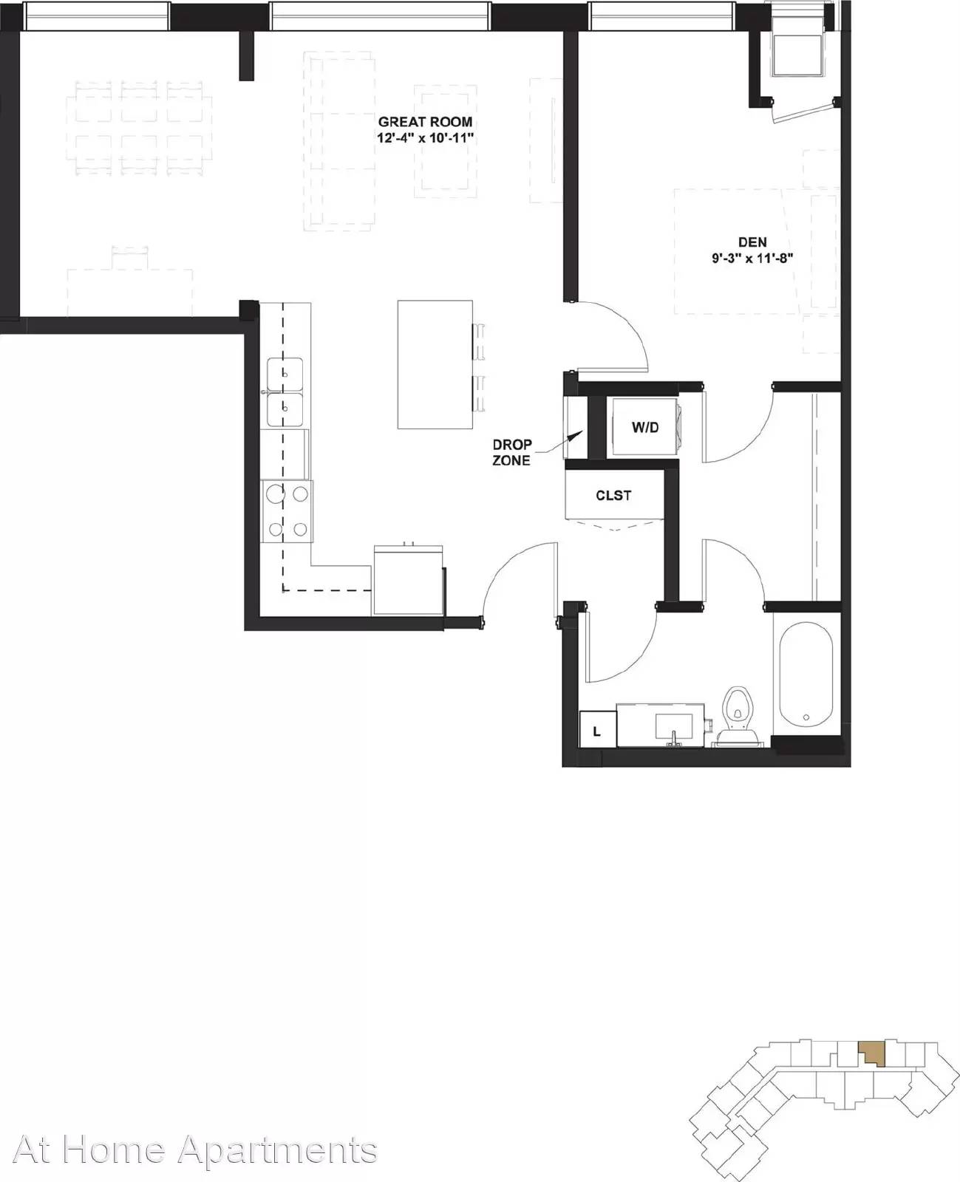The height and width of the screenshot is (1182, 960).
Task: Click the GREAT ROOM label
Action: pyautogui.click(x=425, y=122)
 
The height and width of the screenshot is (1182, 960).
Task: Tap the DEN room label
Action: pyautogui.click(x=752, y=242)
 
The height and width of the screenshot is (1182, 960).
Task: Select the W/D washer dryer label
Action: pyautogui.click(x=645, y=427)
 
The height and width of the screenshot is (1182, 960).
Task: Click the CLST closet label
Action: pyautogui.click(x=613, y=495)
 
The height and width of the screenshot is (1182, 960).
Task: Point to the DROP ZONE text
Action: pyautogui.click(x=511, y=452)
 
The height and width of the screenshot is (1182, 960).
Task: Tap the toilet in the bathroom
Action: pyautogui.click(x=738, y=717)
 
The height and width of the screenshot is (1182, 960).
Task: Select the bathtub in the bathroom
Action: pyautogui.click(x=806, y=678)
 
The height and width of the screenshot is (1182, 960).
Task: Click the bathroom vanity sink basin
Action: pyautogui.click(x=674, y=727)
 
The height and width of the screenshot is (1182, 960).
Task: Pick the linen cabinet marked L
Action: pyautogui.click(x=597, y=729)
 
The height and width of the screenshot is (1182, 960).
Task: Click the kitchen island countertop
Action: pyautogui.click(x=435, y=365)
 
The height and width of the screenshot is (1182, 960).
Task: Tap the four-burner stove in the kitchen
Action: pyautogui.click(x=287, y=511)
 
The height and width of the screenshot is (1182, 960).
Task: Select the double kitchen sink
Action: pyautogui.click(x=285, y=392)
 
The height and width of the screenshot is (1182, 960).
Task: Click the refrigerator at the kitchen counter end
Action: pyautogui.click(x=409, y=580)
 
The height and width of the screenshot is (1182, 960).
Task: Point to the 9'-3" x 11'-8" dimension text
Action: pyautogui.click(x=752, y=258)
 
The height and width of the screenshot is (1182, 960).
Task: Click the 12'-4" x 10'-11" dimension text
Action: pyautogui.click(x=425, y=137)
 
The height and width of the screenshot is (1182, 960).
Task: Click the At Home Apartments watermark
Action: pyautogui.click(x=195, y=1149)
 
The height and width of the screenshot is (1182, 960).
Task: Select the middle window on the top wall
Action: pyautogui.click(x=381, y=16)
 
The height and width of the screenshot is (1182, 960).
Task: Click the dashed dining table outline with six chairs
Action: pyautogui.click(x=139, y=129)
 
